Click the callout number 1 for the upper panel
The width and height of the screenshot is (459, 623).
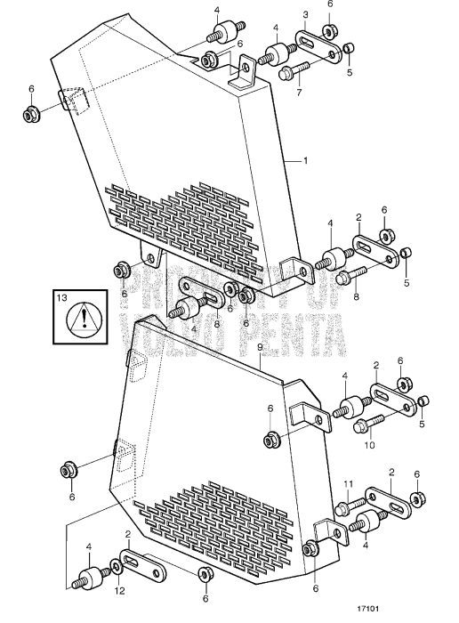click(305, 161)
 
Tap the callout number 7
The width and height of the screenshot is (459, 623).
click(299, 93)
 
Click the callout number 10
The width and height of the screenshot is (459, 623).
click(369, 444)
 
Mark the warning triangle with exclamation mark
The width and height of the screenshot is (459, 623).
click(84, 319)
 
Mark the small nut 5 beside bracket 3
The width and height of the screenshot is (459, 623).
click(350, 48)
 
